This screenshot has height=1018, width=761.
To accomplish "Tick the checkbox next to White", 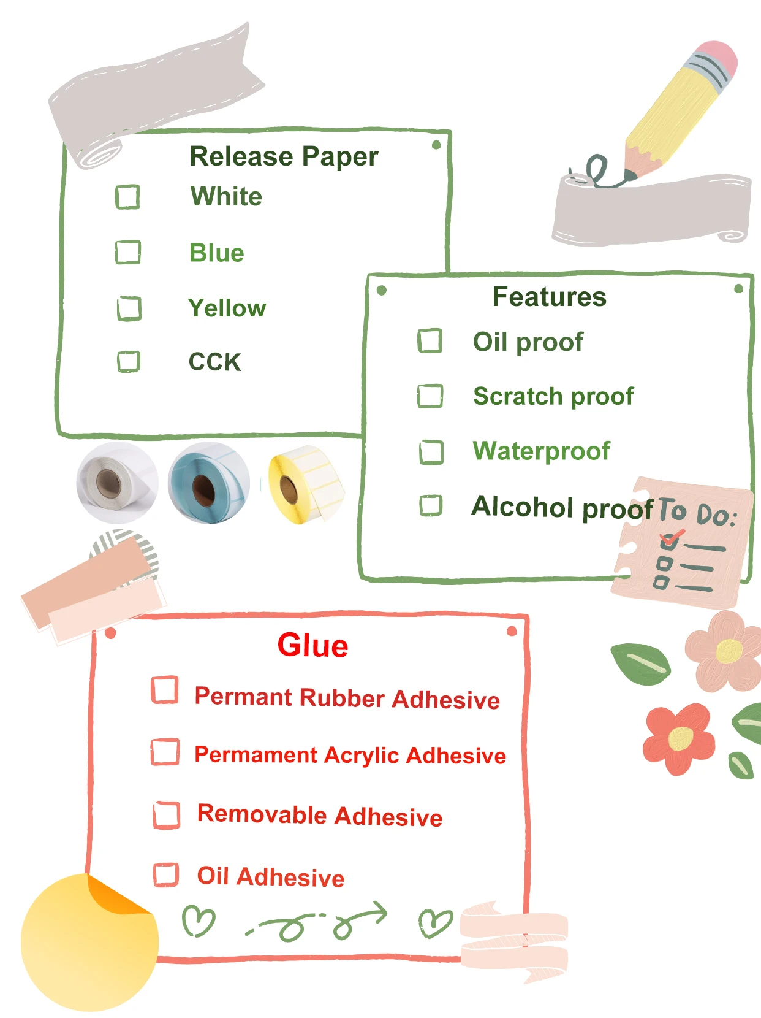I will click(x=127, y=197).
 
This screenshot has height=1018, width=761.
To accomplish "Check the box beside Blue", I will click(x=128, y=252).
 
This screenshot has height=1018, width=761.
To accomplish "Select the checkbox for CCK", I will click(x=129, y=361).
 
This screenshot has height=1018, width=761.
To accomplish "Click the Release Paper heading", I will click(x=284, y=156).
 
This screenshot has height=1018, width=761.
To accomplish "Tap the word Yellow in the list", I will click(x=227, y=308).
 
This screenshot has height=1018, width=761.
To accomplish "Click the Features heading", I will click(x=549, y=297).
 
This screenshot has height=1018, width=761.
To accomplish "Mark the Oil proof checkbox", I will click(x=430, y=341).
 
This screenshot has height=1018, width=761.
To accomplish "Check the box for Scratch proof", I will click(x=430, y=396).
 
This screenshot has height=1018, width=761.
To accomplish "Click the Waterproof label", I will click(x=541, y=451).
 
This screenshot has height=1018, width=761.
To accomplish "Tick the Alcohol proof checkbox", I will click(x=431, y=506).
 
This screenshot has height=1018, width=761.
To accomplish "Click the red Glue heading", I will click(x=312, y=646).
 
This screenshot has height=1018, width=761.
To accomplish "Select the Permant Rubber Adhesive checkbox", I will click(x=165, y=690).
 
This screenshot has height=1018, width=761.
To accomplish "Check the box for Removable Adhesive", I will click(x=166, y=815).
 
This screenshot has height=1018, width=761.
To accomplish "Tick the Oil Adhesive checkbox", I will click(x=166, y=875).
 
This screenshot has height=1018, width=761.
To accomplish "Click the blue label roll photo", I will click(x=209, y=482).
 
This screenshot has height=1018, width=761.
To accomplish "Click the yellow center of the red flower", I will click(x=681, y=738).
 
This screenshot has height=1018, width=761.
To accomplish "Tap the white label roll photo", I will click(x=116, y=482).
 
